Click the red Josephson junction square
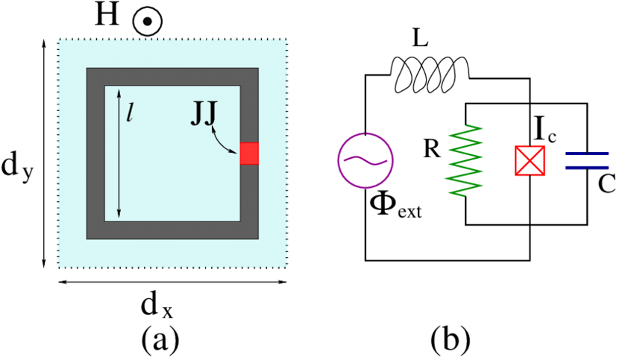point(249,154)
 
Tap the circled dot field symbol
point(148,22)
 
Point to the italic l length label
point(129,116)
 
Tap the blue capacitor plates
point(587,160)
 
